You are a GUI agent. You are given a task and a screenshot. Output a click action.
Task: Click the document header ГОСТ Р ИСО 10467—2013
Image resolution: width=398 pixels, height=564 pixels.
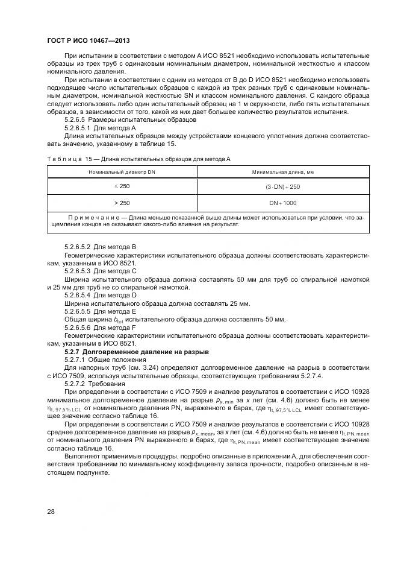pyautogui.click(x=89, y=39)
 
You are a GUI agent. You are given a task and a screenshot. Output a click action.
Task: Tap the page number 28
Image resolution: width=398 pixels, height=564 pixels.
pyautogui.click(x=51, y=512)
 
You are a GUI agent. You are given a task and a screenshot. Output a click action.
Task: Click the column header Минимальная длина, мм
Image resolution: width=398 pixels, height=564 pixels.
pyautogui.click(x=282, y=172)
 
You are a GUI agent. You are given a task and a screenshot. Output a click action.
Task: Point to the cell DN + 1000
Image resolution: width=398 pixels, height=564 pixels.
pyautogui.click(x=282, y=203)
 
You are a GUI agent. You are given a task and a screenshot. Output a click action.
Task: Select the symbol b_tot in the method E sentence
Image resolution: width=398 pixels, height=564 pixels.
pyautogui.click(x=139, y=320)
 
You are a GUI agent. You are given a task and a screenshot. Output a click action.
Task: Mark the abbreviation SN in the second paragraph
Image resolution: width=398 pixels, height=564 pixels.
pyautogui.click(x=189, y=96)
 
